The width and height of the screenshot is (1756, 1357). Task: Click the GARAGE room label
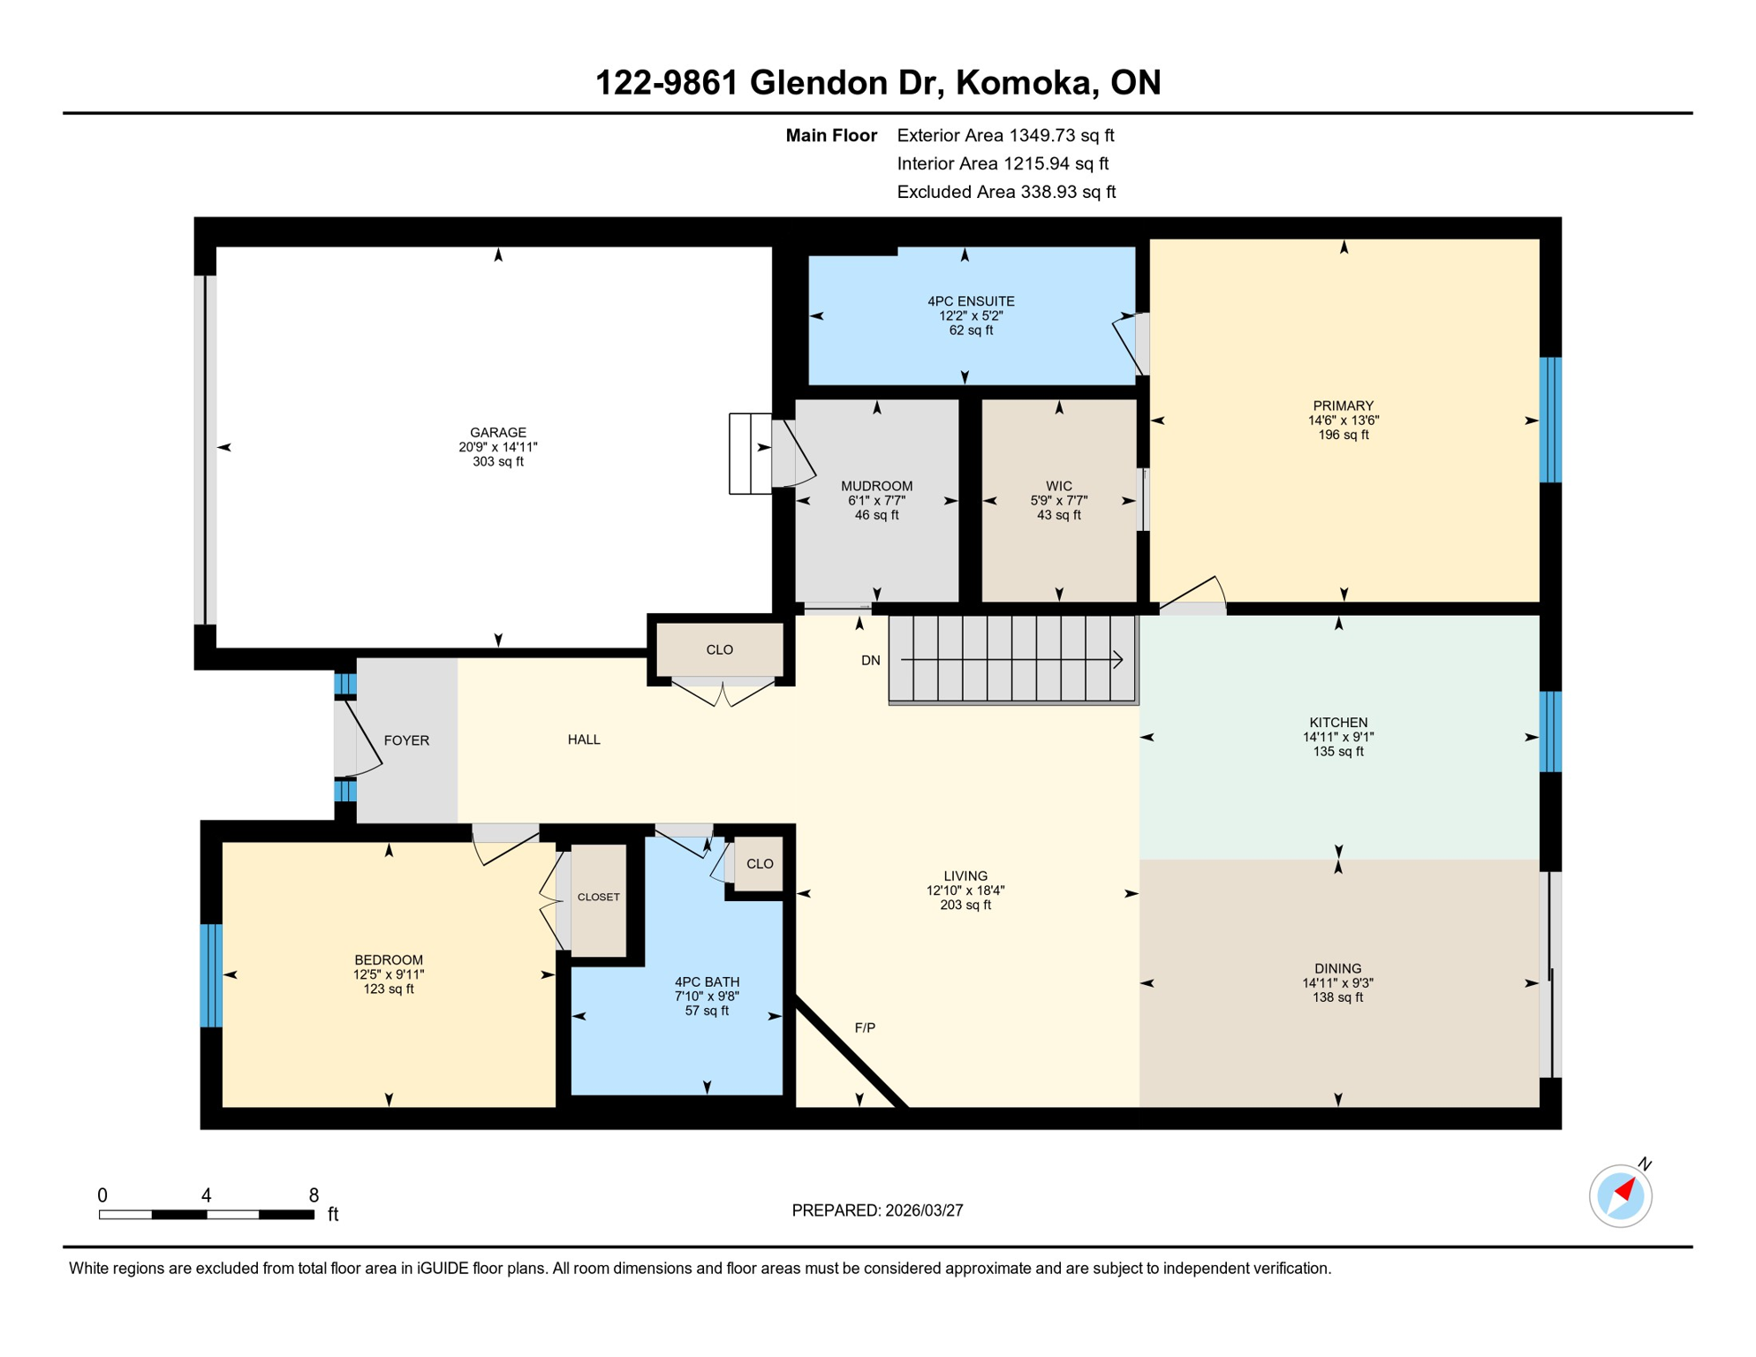(x=497, y=432)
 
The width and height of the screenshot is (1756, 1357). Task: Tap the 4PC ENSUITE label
(x=971, y=301)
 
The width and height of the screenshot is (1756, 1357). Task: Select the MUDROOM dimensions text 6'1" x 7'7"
(x=876, y=501)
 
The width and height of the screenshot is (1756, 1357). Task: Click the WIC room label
(x=1058, y=486)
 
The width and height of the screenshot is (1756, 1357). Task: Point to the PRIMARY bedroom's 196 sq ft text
(x=1343, y=435)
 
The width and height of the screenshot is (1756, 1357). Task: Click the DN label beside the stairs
(x=870, y=661)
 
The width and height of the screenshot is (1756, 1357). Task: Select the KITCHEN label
(x=1338, y=723)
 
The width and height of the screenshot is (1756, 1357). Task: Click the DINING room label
(x=1337, y=968)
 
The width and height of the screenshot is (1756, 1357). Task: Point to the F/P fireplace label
(x=865, y=1027)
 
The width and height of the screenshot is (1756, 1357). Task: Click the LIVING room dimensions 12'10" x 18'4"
(x=965, y=891)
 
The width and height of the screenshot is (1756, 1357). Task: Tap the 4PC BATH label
(x=707, y=982)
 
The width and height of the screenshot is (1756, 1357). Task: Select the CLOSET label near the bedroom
(x=598, y=897)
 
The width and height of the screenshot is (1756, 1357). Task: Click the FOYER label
(x=406, y=740)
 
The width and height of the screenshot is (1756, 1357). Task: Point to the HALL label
(x=584, y=739)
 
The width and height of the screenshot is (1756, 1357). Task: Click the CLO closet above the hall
(x=719, y=649)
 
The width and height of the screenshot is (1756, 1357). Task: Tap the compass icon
(x=1620, y=1196)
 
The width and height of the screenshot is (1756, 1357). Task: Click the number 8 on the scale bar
(x=314, y=1195)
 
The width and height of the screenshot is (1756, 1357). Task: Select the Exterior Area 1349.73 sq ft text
(x=1005, y=135)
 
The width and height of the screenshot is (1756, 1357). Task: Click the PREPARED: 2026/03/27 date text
(x=877, y=1210)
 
